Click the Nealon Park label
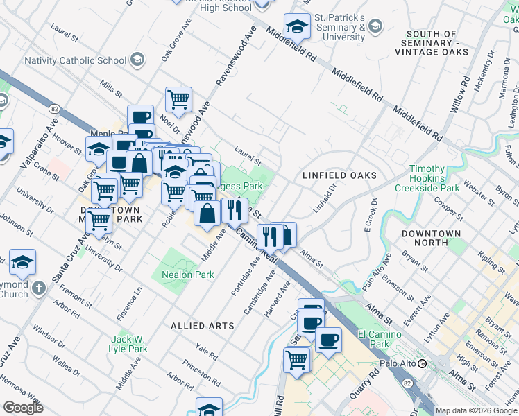coord(187,275)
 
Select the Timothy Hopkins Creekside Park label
coord(427,178)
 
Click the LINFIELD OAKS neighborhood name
coord(339,176)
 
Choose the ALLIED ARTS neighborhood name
coord(198,325)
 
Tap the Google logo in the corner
coord(23,408)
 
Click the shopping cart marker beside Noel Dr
coord(178,99)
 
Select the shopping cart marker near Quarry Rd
coord(296,359)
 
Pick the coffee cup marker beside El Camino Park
coord(328,340)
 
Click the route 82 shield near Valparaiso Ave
coord(55,108)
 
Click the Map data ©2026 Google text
coord(476,410)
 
